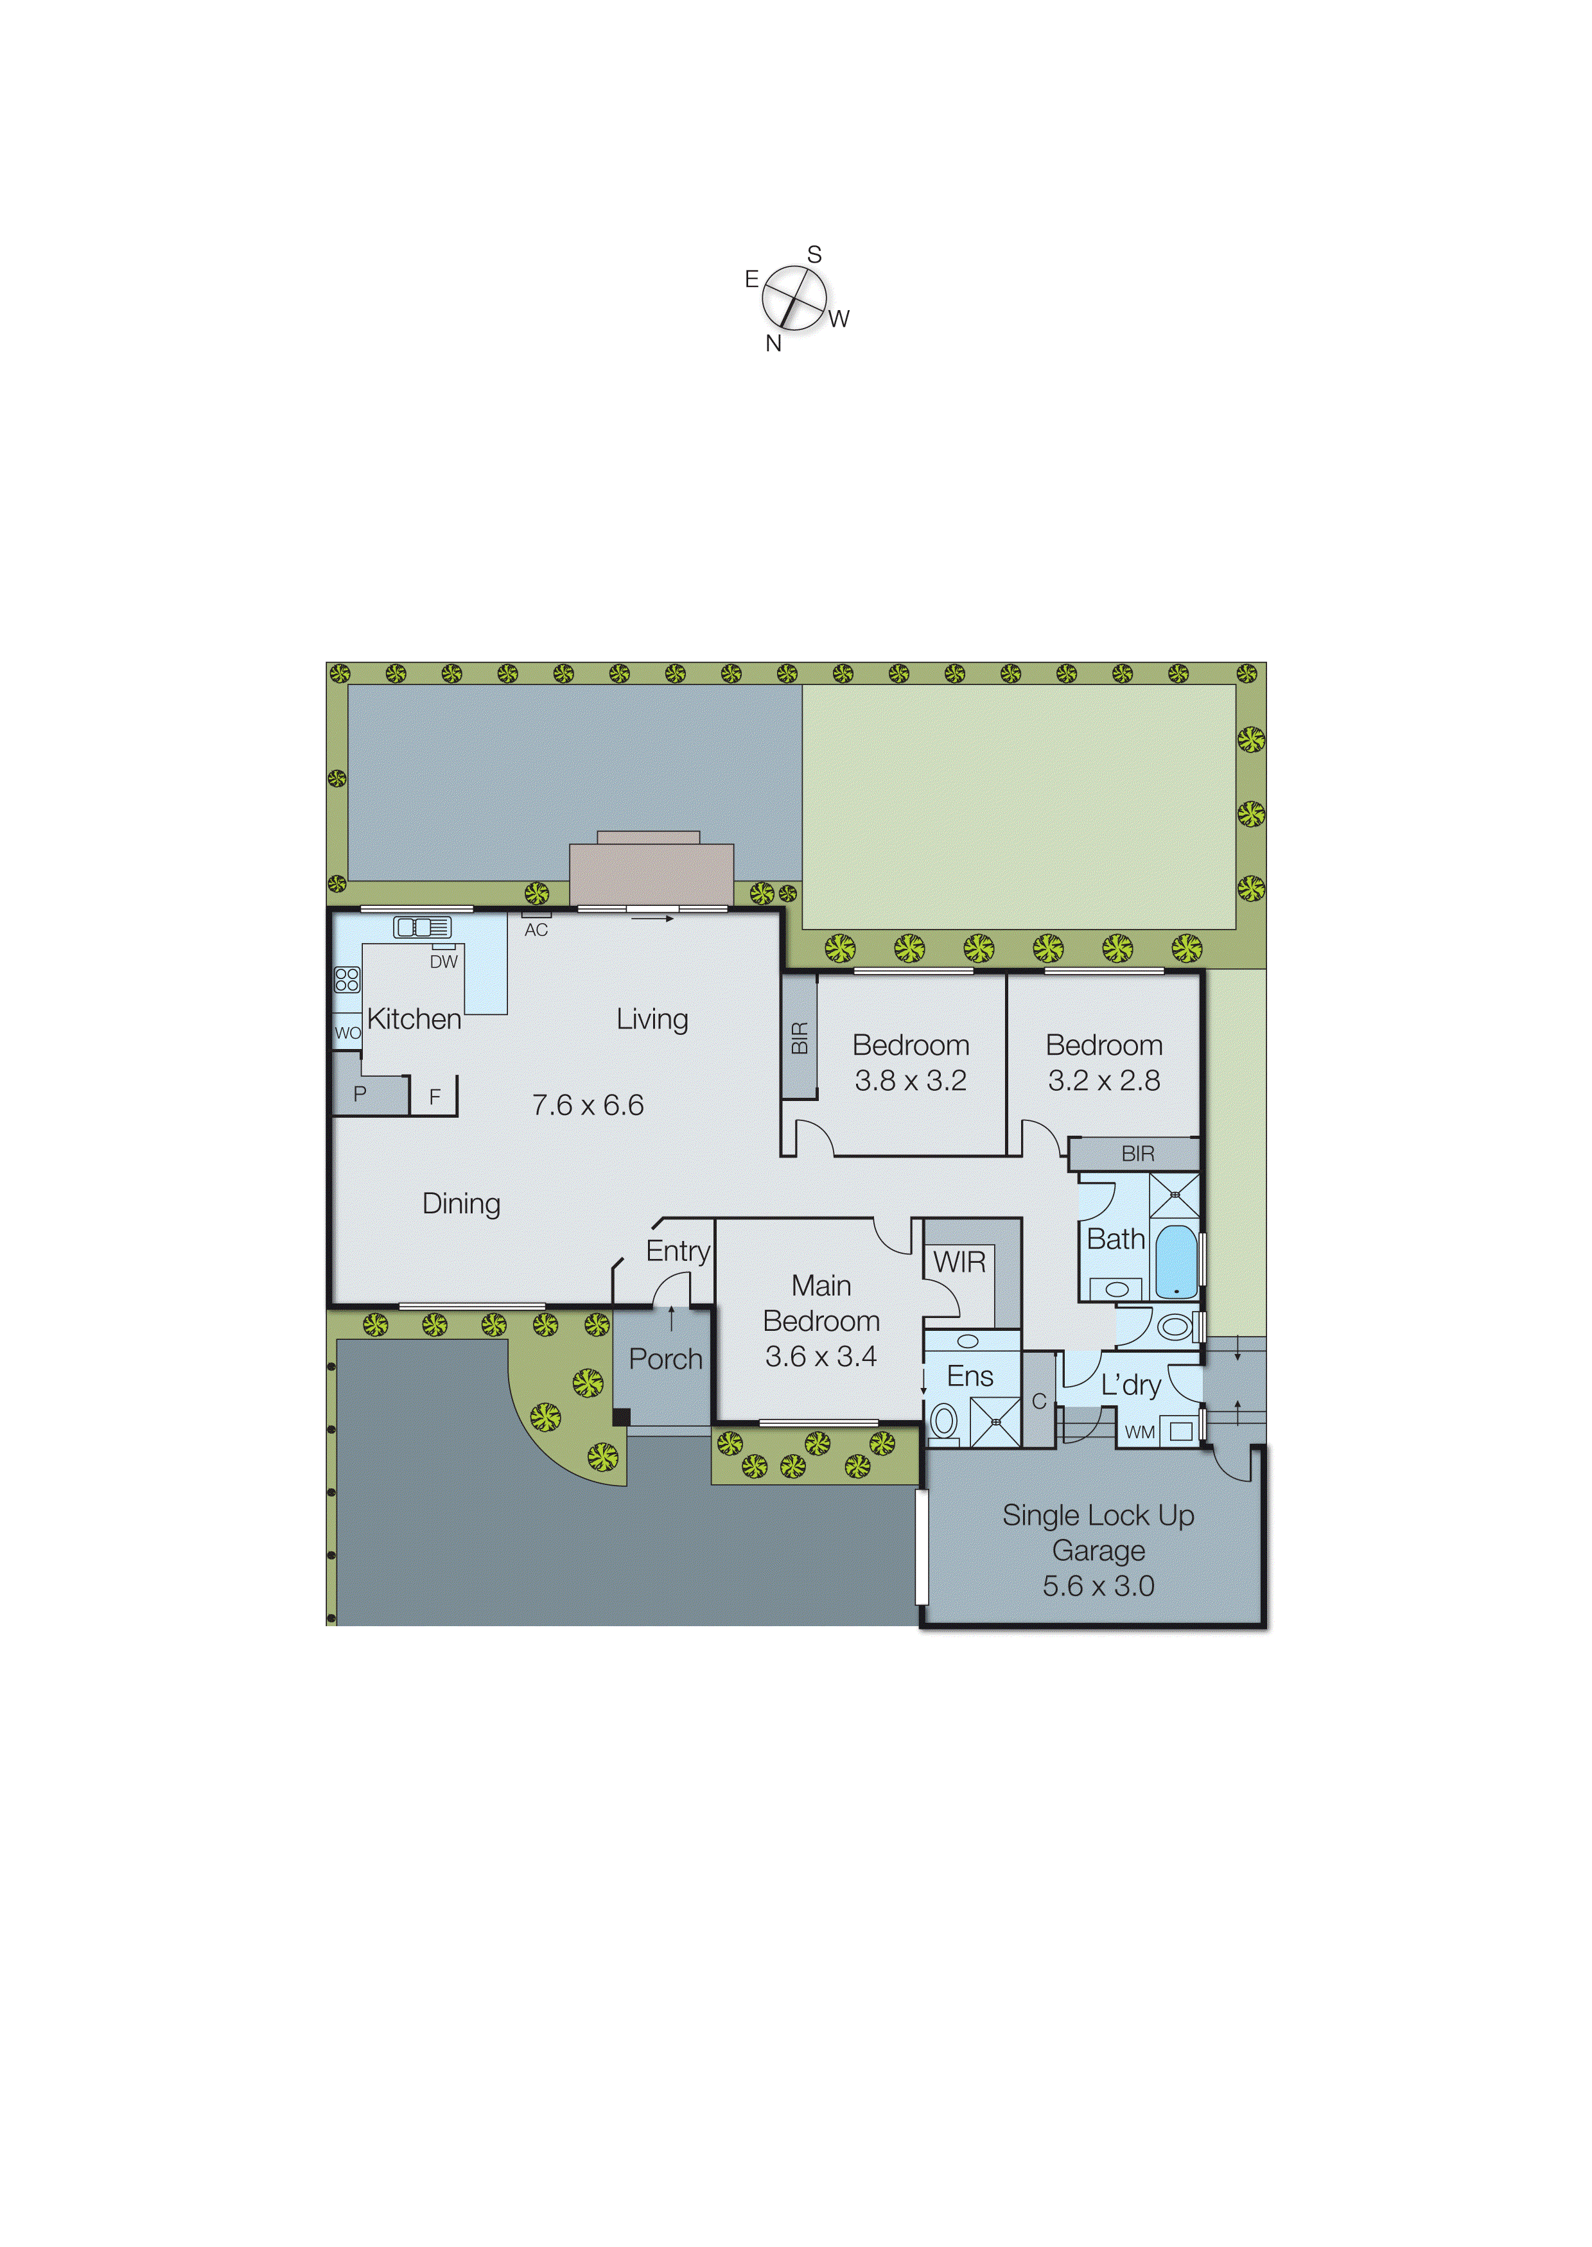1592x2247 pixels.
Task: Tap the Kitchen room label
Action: [x=414, y=1019]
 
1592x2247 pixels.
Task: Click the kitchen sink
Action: [x=423, y=927]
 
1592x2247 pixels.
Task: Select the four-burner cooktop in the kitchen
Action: [x=347, y=979]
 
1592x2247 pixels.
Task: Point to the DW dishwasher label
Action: [x=443, y=962]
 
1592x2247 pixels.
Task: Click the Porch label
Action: [x=665, y=1359]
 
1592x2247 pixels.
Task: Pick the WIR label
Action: [x=959, y=1262]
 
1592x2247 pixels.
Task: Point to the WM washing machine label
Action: [x=1139, y=1432]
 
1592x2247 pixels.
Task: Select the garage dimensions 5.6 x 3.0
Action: [x=1098, y=1586]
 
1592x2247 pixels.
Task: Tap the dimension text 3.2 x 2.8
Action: [x=1104, y=1081]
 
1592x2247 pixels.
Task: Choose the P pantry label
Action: [x=360, y=1093]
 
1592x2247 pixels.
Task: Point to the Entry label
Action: [x=678, y=1251]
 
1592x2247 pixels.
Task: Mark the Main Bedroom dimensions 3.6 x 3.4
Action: [x=821, y=1357]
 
